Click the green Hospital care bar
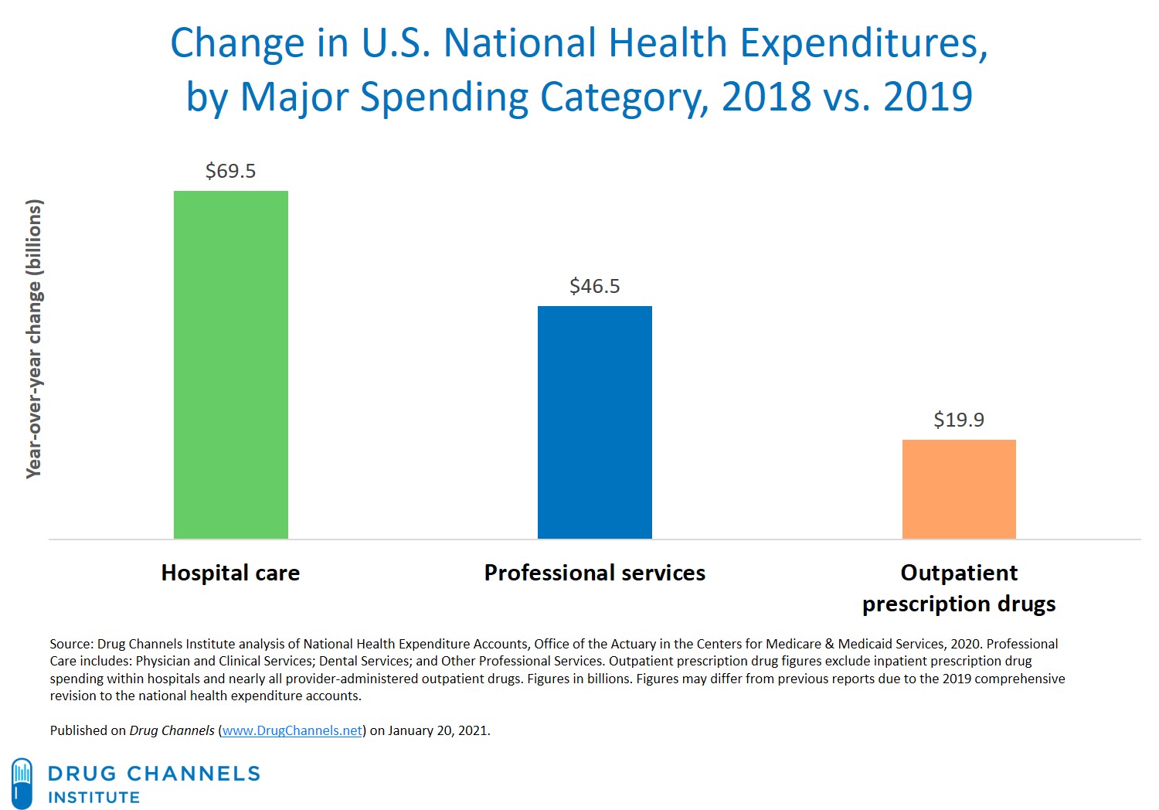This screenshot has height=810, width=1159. point(230,365)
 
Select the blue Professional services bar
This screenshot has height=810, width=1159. point(594,422)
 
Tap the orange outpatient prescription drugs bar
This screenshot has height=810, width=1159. point(959,489)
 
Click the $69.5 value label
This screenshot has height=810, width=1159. point(230,171)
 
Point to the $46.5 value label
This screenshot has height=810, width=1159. point(594,286)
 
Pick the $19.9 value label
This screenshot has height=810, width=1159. point(959,420)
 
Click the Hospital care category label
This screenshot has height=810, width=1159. point(230,573)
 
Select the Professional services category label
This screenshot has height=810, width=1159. point(594,573)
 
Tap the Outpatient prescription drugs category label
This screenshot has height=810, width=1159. point(959,588)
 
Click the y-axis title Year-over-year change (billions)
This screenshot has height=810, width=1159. point(34,339)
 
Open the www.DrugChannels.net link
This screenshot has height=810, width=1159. point(292,730)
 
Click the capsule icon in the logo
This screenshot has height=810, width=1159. point(22,783)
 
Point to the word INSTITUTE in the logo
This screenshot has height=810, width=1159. point(93,798)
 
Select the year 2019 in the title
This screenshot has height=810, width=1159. point(927,97)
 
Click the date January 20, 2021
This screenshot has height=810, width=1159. point(438,730)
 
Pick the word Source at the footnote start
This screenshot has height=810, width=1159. point(71,644)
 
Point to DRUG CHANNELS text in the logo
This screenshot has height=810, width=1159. point(154,774)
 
